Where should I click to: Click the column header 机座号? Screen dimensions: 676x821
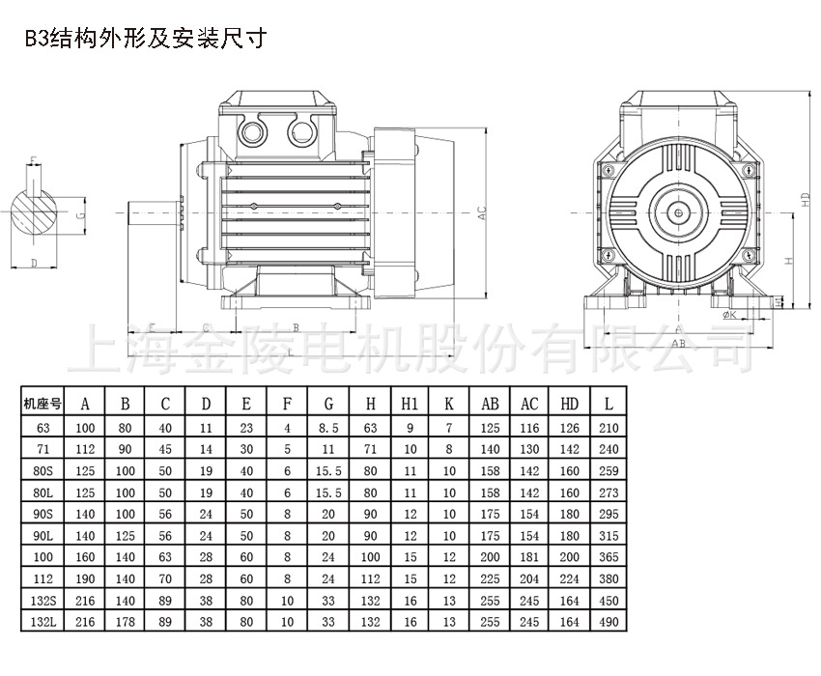click(42, 404)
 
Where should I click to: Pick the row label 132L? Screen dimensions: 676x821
click(42, 622)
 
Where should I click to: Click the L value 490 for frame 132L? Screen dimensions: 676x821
click(607, 622)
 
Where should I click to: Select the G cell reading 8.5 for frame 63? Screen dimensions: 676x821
click(328, 426)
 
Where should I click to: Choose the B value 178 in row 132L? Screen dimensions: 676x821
click(125, 622)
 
